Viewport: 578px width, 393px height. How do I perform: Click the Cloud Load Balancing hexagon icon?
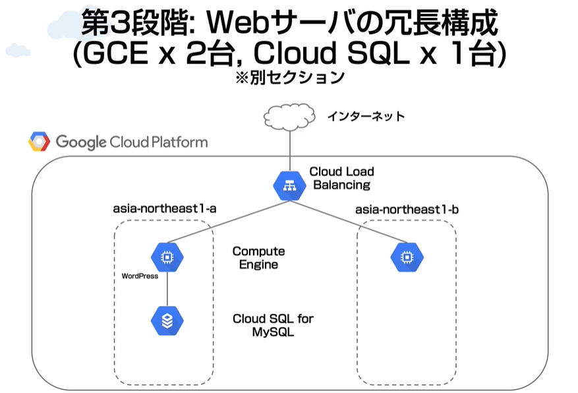click(x=290, y=186)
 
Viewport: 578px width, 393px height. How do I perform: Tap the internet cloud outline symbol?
click(x=289, y=117)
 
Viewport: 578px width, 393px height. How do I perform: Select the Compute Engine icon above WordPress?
click(x=167, y=257)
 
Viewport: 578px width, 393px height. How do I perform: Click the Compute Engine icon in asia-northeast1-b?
click(x=407, y=257)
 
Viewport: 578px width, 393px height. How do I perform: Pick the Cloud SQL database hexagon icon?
click(x=167, y=320)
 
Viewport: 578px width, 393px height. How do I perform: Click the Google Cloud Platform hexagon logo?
click(x=39, y=142)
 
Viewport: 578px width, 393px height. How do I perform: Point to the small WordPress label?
click(x=140, y=276)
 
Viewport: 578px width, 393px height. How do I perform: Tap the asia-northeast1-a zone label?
click(x=164, y=208)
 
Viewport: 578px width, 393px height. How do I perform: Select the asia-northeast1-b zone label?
click(x=407, y=210)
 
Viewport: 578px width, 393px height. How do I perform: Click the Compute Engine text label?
click(x=258, y=258)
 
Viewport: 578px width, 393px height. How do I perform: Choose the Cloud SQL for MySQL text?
click(x=273, y=325)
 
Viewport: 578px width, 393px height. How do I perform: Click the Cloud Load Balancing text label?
click(x=341, y=177)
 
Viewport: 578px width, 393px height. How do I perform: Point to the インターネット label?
click(x=366, y=116)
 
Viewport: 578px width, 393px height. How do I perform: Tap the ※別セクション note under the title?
click(x=290, y=77)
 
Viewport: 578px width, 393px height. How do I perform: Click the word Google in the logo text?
click(x=81, y=142)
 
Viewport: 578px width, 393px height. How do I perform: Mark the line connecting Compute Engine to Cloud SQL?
click(x=167, y=289)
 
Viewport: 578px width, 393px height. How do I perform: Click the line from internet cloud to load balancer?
click(x=290, y=151)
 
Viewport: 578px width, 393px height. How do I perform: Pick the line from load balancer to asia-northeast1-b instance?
click(x=349, y=222)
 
